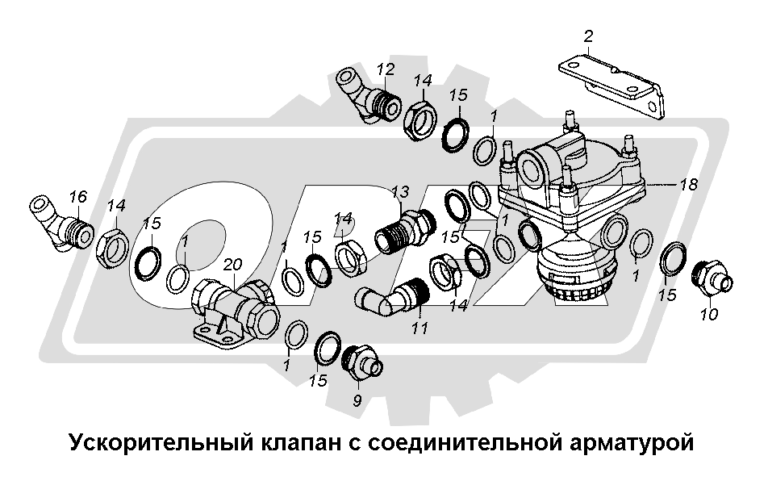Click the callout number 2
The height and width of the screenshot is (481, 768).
(588, 36)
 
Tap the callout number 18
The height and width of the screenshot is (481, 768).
(688, 184)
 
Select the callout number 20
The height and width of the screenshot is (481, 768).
(232, 265)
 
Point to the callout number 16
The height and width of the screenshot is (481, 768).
(77, 196)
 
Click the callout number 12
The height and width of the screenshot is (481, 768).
(386, 69)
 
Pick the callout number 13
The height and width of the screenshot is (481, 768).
(400, 192)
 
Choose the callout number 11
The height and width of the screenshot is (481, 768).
(419, 328)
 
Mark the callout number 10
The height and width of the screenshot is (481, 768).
(709, 314)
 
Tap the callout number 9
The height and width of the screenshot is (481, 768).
(357, 400)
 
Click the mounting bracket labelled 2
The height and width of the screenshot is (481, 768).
(612, 86)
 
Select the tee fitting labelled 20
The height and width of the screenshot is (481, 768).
(235, 312)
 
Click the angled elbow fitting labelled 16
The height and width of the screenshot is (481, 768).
(61, 224)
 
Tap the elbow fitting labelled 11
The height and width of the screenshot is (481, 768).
(392, 295)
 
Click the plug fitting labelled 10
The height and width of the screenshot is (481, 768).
(712, 279)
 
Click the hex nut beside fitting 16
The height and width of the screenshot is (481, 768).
(114, 248)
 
